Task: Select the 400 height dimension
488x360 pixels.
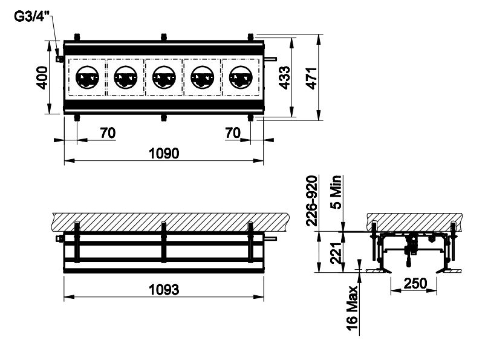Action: click(42, 77)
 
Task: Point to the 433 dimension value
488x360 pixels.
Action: click(284, 77)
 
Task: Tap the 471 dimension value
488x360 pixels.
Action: click(311, 78)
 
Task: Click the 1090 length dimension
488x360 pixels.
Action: click(164, 153)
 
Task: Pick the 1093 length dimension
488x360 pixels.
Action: click(164, 290)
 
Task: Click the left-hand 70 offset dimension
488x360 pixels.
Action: click(108, 133)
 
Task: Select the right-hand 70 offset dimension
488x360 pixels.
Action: click(233, 133)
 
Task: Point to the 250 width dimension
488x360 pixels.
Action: click(415, 283)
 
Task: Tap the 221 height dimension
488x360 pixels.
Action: click(336, 253)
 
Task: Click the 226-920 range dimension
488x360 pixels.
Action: click(312, 200)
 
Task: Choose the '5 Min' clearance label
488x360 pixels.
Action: click(336, 192)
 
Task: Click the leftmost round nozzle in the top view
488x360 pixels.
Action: click(88, 77)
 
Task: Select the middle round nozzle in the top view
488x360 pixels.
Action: click(164, 77)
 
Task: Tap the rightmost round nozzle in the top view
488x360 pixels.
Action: click(241, 77)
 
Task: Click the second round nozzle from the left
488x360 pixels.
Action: click(126, 77)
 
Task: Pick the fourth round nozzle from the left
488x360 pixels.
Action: click(203, 77)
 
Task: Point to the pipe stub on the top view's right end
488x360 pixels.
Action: click(270, 59)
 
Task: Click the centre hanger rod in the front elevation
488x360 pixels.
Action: click(164, 242)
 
